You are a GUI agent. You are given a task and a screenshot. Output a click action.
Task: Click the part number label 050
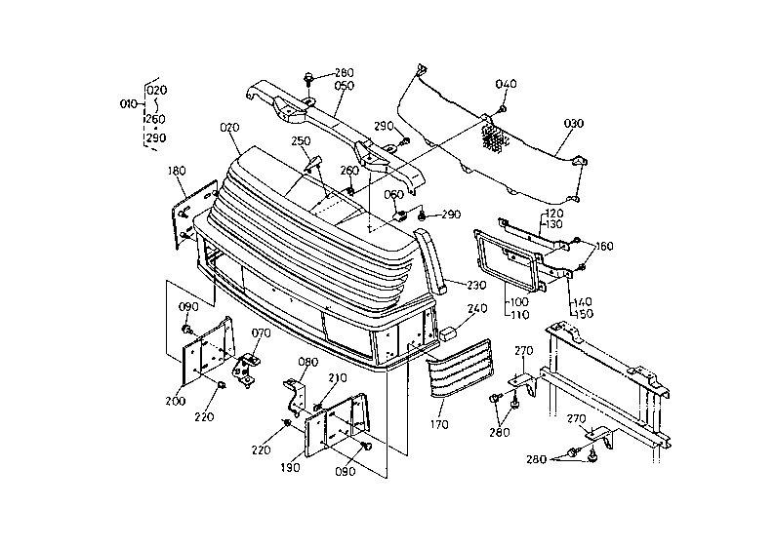[x=344, y=86]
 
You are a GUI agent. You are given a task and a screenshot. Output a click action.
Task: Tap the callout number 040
[x=507, y=84]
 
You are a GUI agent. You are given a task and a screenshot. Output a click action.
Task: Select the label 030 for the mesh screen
[x=573, y=123]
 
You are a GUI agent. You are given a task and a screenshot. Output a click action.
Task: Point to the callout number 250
[x=301, y=141]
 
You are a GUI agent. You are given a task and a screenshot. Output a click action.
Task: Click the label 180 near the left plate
[x=177, y=171]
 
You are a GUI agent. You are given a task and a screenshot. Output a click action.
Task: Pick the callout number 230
[x=476, y=285]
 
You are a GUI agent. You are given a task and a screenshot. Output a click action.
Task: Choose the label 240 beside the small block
[x=477, y=308]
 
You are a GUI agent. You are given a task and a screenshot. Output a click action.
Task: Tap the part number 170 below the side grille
[x=439, y=424]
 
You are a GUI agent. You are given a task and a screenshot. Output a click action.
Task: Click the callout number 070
[x=261, y=333]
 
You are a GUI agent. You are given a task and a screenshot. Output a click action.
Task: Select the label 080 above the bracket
[x=307, y=362]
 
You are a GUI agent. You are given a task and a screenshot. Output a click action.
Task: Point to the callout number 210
[x=337, y=378]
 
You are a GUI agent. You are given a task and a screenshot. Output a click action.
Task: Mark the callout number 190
[x=290, y=467]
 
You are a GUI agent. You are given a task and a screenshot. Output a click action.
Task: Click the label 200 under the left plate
[x=175, y=401]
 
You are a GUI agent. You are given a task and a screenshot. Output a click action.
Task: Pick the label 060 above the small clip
[x=394, y=194]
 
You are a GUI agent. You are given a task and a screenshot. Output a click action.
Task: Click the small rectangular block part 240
[x=447, y=333]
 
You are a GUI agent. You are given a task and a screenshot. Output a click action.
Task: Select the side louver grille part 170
[x=459, y=368]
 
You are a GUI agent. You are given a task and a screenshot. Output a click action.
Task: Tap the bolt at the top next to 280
[x=308, y=79]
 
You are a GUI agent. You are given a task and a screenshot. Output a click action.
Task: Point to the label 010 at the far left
[x=129, y=104]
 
